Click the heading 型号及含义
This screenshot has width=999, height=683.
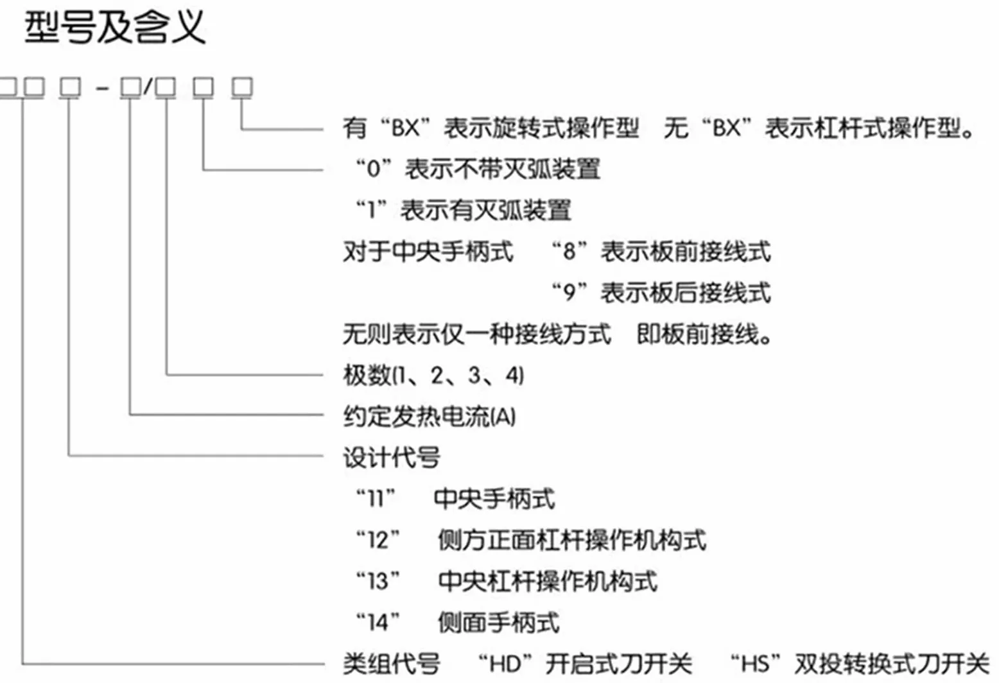(115, 28)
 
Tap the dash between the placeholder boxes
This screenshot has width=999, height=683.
(102, 89)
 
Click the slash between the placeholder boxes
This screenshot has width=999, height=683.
(148, 87)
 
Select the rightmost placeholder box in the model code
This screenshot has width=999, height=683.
(242, 87)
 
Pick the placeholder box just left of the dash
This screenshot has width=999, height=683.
(70, 87)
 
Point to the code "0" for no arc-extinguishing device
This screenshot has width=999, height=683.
(373, 169)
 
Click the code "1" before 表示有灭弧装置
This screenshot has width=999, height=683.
(371, 210)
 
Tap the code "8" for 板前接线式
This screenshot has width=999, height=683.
(569, 251)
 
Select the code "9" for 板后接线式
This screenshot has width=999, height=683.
(569, 293)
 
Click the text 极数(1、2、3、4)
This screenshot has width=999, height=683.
(433, 375)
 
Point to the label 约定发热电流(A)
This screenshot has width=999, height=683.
(429, 417)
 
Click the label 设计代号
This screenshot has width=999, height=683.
(392, 458)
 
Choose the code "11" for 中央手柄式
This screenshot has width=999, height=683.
(376, 498)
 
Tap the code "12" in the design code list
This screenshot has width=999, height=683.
(378, 540)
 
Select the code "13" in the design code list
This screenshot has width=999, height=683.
(378, 582)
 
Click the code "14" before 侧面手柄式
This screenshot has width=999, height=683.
(378, 623)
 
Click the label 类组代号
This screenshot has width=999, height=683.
(392, 664)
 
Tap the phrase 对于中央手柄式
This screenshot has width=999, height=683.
(428, 252)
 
